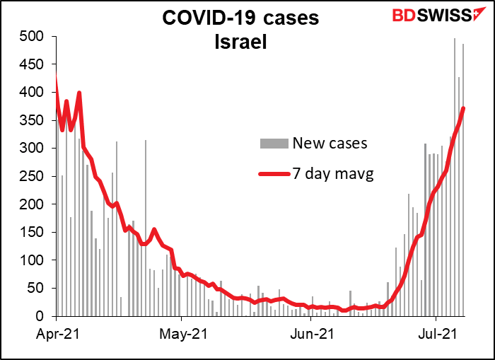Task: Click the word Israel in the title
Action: (242, 44)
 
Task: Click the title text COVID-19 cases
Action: (242, 18)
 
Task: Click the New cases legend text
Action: (330, 144)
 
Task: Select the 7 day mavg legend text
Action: (334, 173)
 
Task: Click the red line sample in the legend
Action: (275, 173)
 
